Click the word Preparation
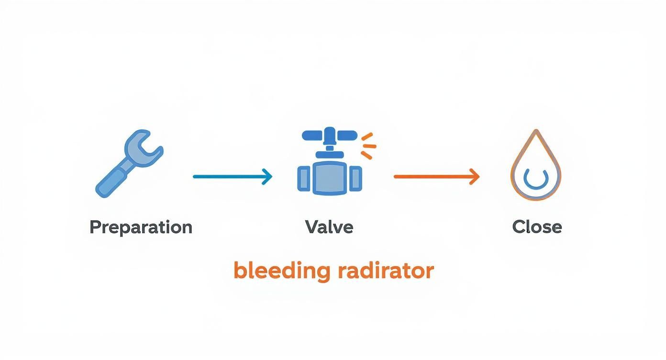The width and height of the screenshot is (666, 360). [x=141, y=226]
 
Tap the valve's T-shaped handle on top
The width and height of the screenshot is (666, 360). [x=329, y=135]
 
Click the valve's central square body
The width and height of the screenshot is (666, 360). [x=330, y=178]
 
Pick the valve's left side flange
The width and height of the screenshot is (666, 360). [x=304, y=179]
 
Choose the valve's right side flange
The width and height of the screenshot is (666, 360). [x=355, y=179]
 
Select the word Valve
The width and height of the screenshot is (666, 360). [x=329, y=226]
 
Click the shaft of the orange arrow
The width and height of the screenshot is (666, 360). [x=431, y=177]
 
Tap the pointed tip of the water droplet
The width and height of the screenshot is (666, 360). [x=536, y=132]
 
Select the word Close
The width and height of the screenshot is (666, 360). [x=537, y=226]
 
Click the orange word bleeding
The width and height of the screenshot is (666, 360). [x=282, y=270]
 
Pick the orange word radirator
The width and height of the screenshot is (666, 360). [x=386, y=270]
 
